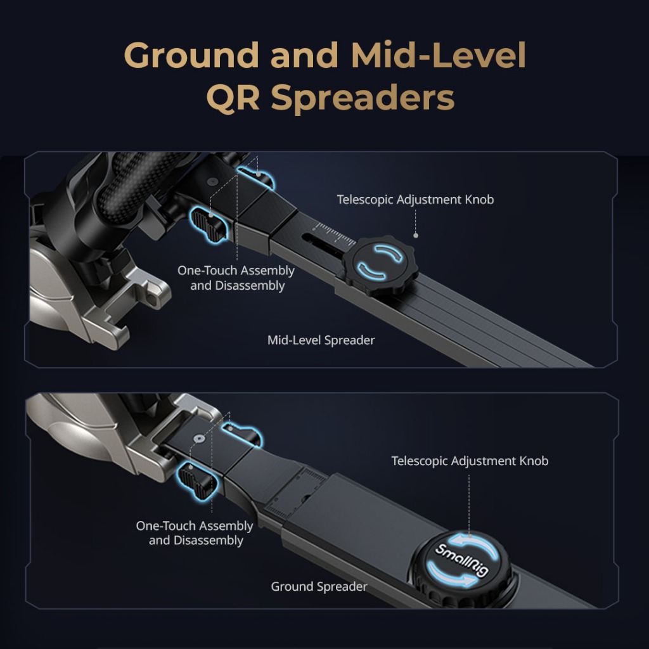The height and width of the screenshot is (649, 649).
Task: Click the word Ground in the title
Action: tap(191, 56)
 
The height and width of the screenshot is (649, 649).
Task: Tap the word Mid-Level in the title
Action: tap(438, 56)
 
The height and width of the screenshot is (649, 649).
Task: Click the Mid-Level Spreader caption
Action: tap(321, 340)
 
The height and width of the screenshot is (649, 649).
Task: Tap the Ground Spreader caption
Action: tap(319, 586)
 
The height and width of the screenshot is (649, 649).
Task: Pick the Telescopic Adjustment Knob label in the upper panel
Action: tap(415, 200)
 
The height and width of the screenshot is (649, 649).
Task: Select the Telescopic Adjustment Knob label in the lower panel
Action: tap(470, 461)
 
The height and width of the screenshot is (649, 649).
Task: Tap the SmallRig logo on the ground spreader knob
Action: tap(461, 558)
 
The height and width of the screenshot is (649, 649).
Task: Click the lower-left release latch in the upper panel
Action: tap(209, 224)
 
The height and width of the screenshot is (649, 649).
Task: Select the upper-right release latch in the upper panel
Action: tap(258, 177)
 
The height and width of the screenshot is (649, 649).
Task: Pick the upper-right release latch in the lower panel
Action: tap(245, 434)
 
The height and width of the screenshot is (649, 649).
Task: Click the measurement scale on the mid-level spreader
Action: tap(335, 235)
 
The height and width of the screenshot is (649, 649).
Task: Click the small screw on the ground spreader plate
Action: tap(200, 438)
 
